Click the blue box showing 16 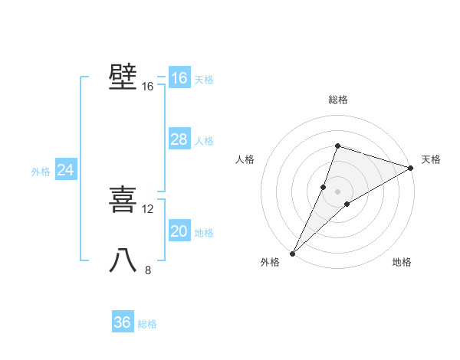coord(179,78)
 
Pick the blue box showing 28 coord(179,139)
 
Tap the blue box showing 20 coord(179,231)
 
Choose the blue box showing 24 coord(66,170)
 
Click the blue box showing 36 coord(123,322)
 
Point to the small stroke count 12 coord(148,209)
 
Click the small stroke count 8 coord(148,270)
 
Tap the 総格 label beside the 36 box coord(147,324)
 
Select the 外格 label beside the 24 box coord(41,172)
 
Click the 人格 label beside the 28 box coord(204,141)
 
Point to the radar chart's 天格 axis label coord(431,159)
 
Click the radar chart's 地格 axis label coord(402,263)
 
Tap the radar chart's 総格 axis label coord(337,100)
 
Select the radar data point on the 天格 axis coord(411,168)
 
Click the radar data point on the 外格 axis coord(292,253)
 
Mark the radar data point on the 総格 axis coord(337,146)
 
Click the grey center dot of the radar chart coord(337,191)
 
